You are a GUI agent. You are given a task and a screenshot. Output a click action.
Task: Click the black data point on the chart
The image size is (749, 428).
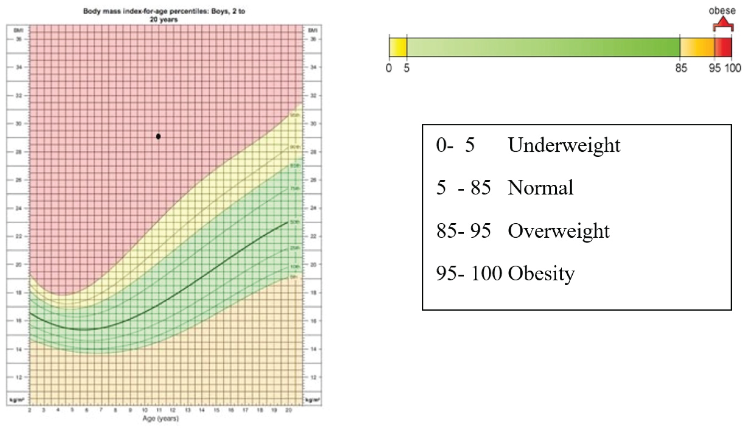coord(158,136)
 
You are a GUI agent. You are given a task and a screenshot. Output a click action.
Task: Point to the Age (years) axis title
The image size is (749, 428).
coord(160,419)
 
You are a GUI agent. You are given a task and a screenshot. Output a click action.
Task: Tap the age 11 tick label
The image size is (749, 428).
coord(159,410)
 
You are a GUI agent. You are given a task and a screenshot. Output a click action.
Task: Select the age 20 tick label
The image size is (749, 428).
coord(288,410)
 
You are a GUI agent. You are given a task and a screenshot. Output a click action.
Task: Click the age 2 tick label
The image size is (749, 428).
coord(29,410)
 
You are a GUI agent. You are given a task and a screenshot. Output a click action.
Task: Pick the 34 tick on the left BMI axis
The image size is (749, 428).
coord(18,67)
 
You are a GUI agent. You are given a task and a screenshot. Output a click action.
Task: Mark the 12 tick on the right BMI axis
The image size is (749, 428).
coord(313,377)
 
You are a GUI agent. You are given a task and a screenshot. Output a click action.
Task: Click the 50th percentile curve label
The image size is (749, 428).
coord(295,222)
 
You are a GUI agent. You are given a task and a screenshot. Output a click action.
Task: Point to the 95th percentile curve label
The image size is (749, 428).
coord(295,115)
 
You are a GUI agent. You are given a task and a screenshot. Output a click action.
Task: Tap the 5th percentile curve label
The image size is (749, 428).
coord(294,277)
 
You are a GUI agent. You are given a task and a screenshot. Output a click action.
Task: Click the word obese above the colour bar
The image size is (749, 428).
coord(722,10)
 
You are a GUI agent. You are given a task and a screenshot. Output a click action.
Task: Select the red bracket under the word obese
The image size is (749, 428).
coord(723,24)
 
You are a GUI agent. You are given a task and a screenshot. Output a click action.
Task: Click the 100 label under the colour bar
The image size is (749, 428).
coord(733,68)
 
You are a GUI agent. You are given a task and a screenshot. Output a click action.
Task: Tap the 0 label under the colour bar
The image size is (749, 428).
coord(389,68)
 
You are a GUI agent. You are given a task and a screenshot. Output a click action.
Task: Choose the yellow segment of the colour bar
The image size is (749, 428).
coord(398,47)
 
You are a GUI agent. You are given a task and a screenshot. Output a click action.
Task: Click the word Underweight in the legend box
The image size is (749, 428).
coord(564,145)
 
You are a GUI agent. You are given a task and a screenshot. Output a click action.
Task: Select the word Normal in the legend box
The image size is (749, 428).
coord(540,188)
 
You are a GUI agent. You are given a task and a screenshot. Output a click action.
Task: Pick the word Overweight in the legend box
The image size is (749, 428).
coord(558,231)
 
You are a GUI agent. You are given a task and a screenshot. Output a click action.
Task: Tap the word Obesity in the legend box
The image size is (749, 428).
coord(541,273)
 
